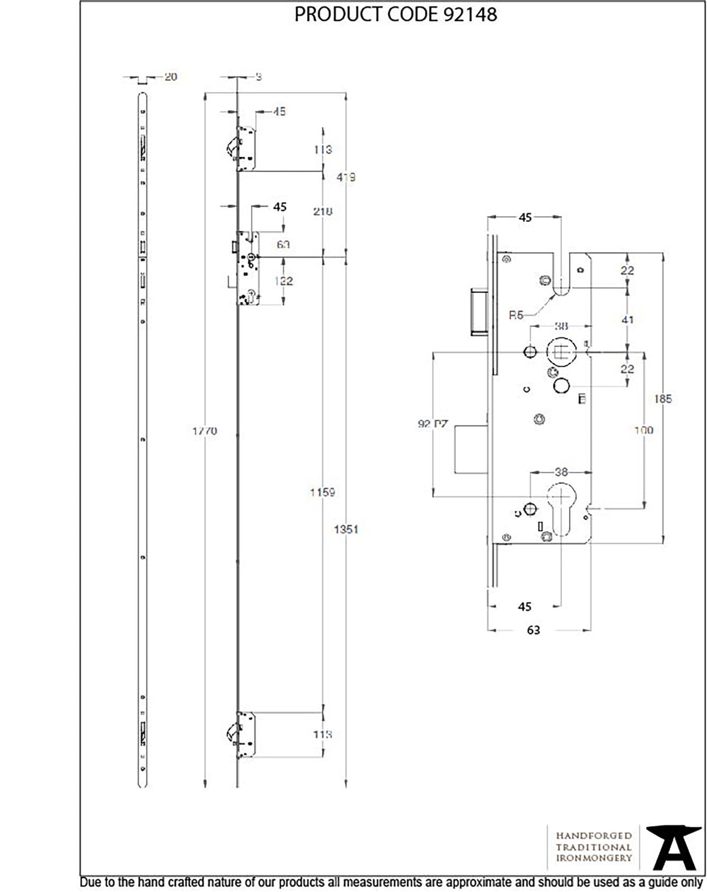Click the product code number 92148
click(470, 14)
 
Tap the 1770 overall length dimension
click(204, 431)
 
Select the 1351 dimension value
click(346, 529)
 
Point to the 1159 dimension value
click(322, 492)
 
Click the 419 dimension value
click(346, 177)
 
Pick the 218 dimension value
click(322, 211)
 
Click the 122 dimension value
click(283, 281)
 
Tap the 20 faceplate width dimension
click(170, 76)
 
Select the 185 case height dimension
click(663, 399)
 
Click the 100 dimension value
click(643, 430)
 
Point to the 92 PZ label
click(432, 424)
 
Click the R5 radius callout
click(516, 315)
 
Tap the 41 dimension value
click(627, 319)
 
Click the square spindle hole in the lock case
click(561, 352)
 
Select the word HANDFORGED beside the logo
click(593, 836)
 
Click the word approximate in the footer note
click(479, 883)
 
